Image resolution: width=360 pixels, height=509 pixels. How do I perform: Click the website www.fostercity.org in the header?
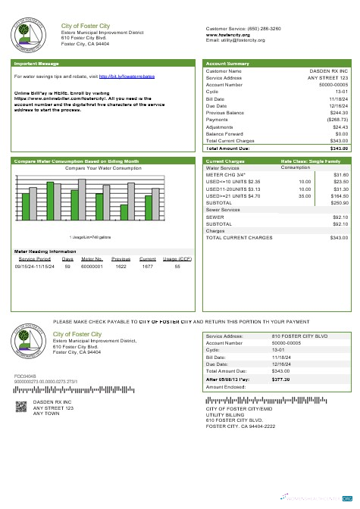(x=228, y=34)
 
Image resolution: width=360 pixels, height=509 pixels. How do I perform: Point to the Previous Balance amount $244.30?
(x=337, y=113)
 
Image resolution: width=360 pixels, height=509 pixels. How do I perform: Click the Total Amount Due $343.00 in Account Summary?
(x=337, y=148)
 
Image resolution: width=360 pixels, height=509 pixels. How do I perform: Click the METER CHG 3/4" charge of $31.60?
(x=340, y=175)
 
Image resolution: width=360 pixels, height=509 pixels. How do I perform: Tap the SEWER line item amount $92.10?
(x=340, y=217)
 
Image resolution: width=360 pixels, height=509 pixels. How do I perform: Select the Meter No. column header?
(x=92, y=258)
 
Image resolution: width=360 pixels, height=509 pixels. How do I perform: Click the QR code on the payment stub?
(x=21, y=406)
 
